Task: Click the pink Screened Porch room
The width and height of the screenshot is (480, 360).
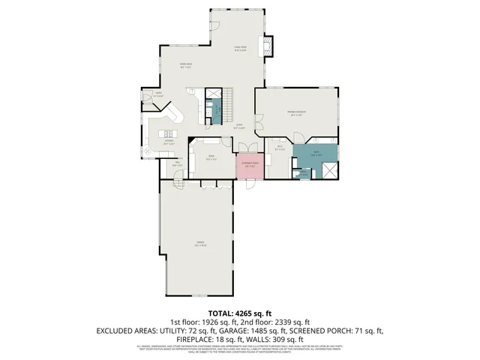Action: pos(249,166)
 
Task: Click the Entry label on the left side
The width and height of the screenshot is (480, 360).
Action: pos(158,95)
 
